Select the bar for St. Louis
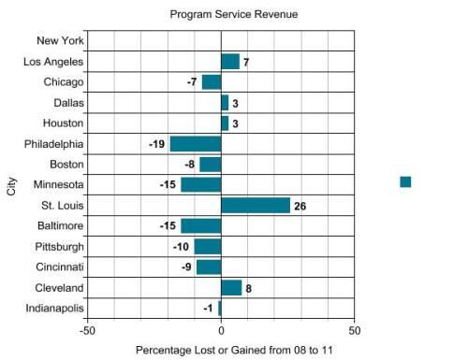click(x=256, y=206)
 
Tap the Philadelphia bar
click(x=196, y=144)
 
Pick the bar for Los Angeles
click(x=230, y=62)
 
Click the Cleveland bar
click(x=231, y=288)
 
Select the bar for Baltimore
click(x=200, y=226)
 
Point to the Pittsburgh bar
click(x=208, y=247)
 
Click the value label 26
click(x=300, y=206)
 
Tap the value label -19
click(x=156, y=144)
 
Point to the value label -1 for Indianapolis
click(x=209, y=309)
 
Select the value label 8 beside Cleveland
click(x=248, y=288)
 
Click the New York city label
click(x=60, y=41)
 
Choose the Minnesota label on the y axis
click(x=58, y=185)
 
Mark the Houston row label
click(x=63, y=123)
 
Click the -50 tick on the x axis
click(x=87, y=330)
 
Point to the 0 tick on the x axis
click(x=221, y=330)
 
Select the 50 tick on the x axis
click(x=354, y=330)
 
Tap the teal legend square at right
click(x=405, y=181)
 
